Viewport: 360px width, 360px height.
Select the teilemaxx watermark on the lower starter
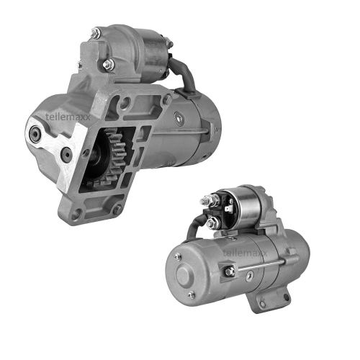[x=245, y=253]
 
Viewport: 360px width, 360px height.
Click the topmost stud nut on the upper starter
[x=96, y=32]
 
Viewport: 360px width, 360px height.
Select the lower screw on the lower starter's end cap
[x=191, y=295]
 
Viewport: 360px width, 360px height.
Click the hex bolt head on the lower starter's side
[x=229, y=271]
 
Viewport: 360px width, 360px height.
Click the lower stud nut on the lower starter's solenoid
[x=212, y=223]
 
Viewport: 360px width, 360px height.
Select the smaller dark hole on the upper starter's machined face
[x=66, y=152]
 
